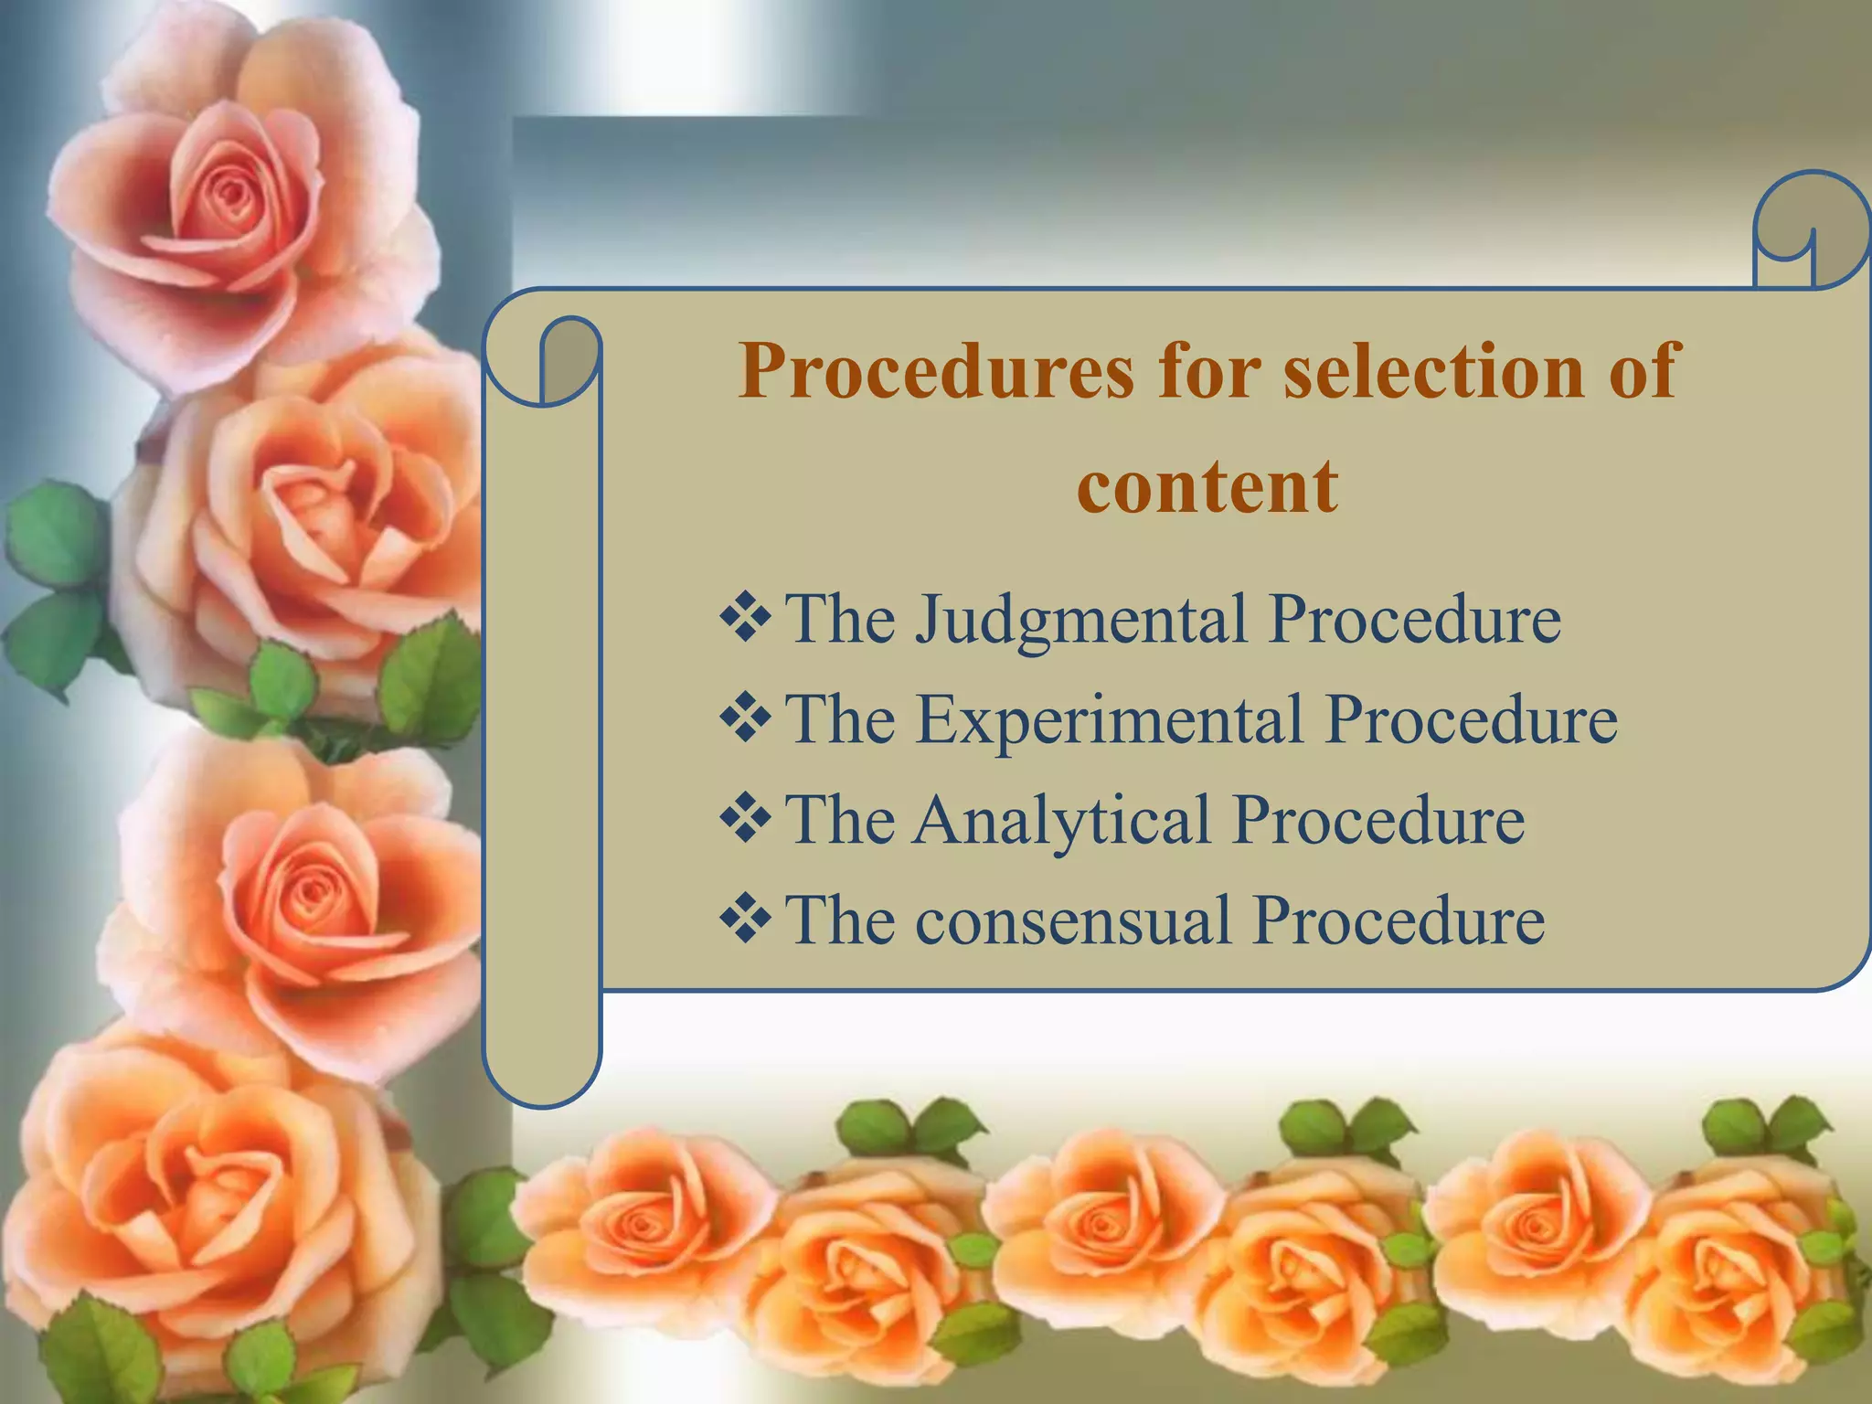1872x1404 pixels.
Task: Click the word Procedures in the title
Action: [936, 372]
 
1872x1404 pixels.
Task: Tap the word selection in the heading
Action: [1433, 370]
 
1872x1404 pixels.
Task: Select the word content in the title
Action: [1207, 486]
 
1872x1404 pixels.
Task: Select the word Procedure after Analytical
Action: [1378, 820]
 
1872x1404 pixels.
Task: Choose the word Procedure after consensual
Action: [1399, 920]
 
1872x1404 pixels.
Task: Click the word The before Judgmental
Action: [840, 620]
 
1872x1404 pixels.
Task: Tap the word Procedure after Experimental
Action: [1472, 720]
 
